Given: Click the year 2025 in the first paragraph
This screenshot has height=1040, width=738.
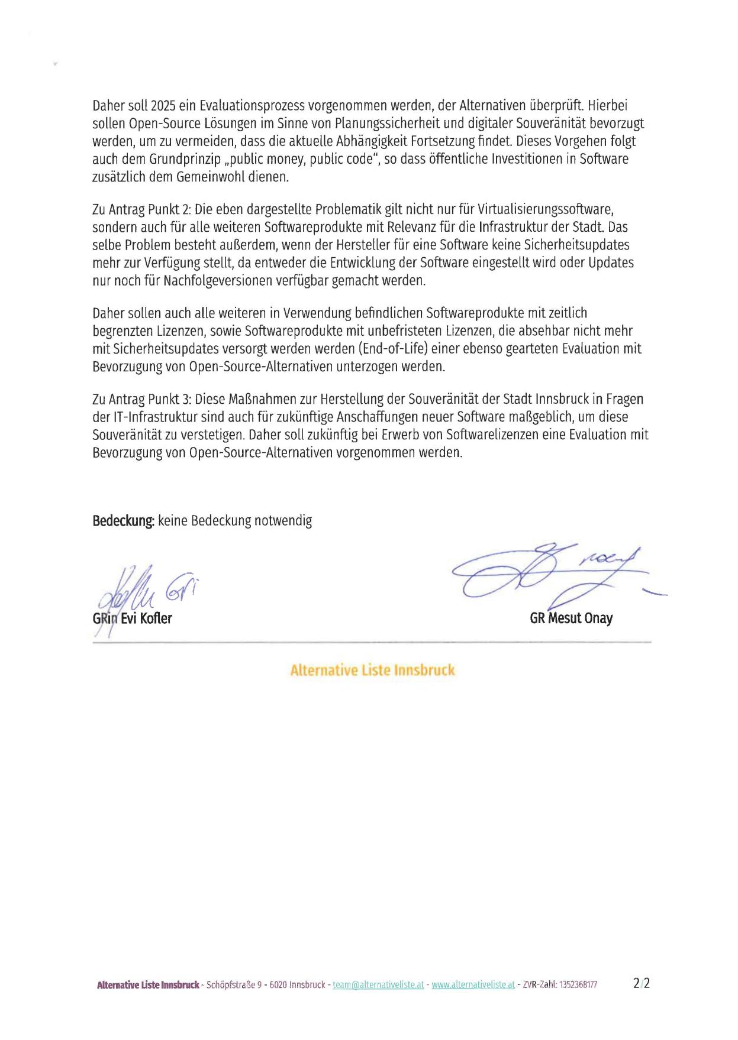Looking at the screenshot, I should pyautogui.click(x=163, y=106).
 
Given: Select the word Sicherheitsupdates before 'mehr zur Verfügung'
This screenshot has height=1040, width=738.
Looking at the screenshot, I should pyautogui.click(x=576, y=245).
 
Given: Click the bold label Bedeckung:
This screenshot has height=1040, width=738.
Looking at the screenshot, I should pyautogui.click(x=123, y=521).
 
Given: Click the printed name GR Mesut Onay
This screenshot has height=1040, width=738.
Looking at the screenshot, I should pyautogui.click(x=571, y=618).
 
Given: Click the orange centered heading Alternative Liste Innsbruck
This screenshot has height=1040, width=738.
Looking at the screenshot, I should pyautogui.click(x=372, y=670).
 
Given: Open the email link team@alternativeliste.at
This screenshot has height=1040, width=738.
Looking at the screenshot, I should pyautogui.click(x=379, y=984).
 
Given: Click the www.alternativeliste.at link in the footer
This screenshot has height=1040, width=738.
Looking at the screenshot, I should pyautogui.click(x=473, y=984).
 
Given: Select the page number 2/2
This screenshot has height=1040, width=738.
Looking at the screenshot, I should pyautogui.click(x=641, y=984).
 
